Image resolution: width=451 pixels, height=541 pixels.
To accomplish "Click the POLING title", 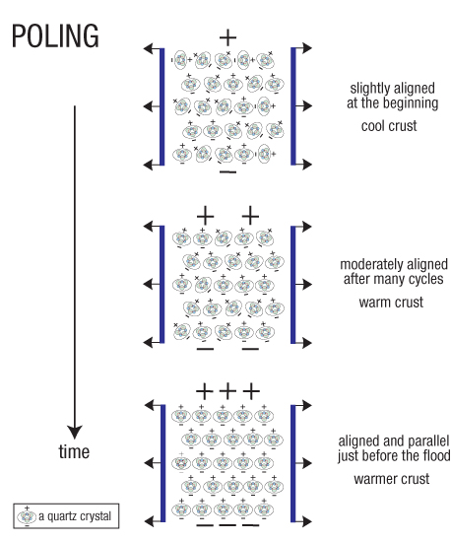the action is click(x=55, y=35).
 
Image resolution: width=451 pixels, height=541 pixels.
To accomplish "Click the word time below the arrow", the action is click(x=74, y=451).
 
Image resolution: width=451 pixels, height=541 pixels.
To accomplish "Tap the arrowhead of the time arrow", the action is click(x=75, y=433).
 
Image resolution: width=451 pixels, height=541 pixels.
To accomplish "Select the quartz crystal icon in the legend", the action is click(x=27, y=516).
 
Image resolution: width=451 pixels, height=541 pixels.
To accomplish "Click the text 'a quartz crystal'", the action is click(x=75, y=516).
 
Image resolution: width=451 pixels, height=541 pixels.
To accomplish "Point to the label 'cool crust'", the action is click(x=389, y=126).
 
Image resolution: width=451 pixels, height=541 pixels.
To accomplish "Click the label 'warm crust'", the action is click(x=391, y=303).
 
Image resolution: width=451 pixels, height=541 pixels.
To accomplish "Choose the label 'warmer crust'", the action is click(x=392, y=479).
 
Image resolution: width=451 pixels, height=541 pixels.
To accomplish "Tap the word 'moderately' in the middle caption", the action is click(x=371, y=264).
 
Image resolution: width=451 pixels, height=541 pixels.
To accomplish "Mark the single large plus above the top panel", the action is click(x=227, y=36).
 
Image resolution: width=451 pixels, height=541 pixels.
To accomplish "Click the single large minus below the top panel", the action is click(x=227, y=171).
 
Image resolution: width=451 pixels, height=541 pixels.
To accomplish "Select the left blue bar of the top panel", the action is click(x=162, y=106).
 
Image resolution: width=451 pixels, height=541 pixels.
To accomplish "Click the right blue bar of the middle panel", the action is click(x=293, y=285).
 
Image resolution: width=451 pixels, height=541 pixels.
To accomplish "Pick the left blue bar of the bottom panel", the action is click(x=162, y=463).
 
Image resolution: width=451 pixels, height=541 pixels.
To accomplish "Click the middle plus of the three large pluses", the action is click(x=227, y=391).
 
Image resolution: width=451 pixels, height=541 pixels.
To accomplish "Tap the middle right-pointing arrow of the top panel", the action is click(x=304, y=105).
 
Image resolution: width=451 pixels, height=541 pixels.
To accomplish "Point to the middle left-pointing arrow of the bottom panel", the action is click(x=152, y=463).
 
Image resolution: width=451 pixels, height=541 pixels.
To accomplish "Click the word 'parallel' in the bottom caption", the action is click(x=428, y=441).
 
